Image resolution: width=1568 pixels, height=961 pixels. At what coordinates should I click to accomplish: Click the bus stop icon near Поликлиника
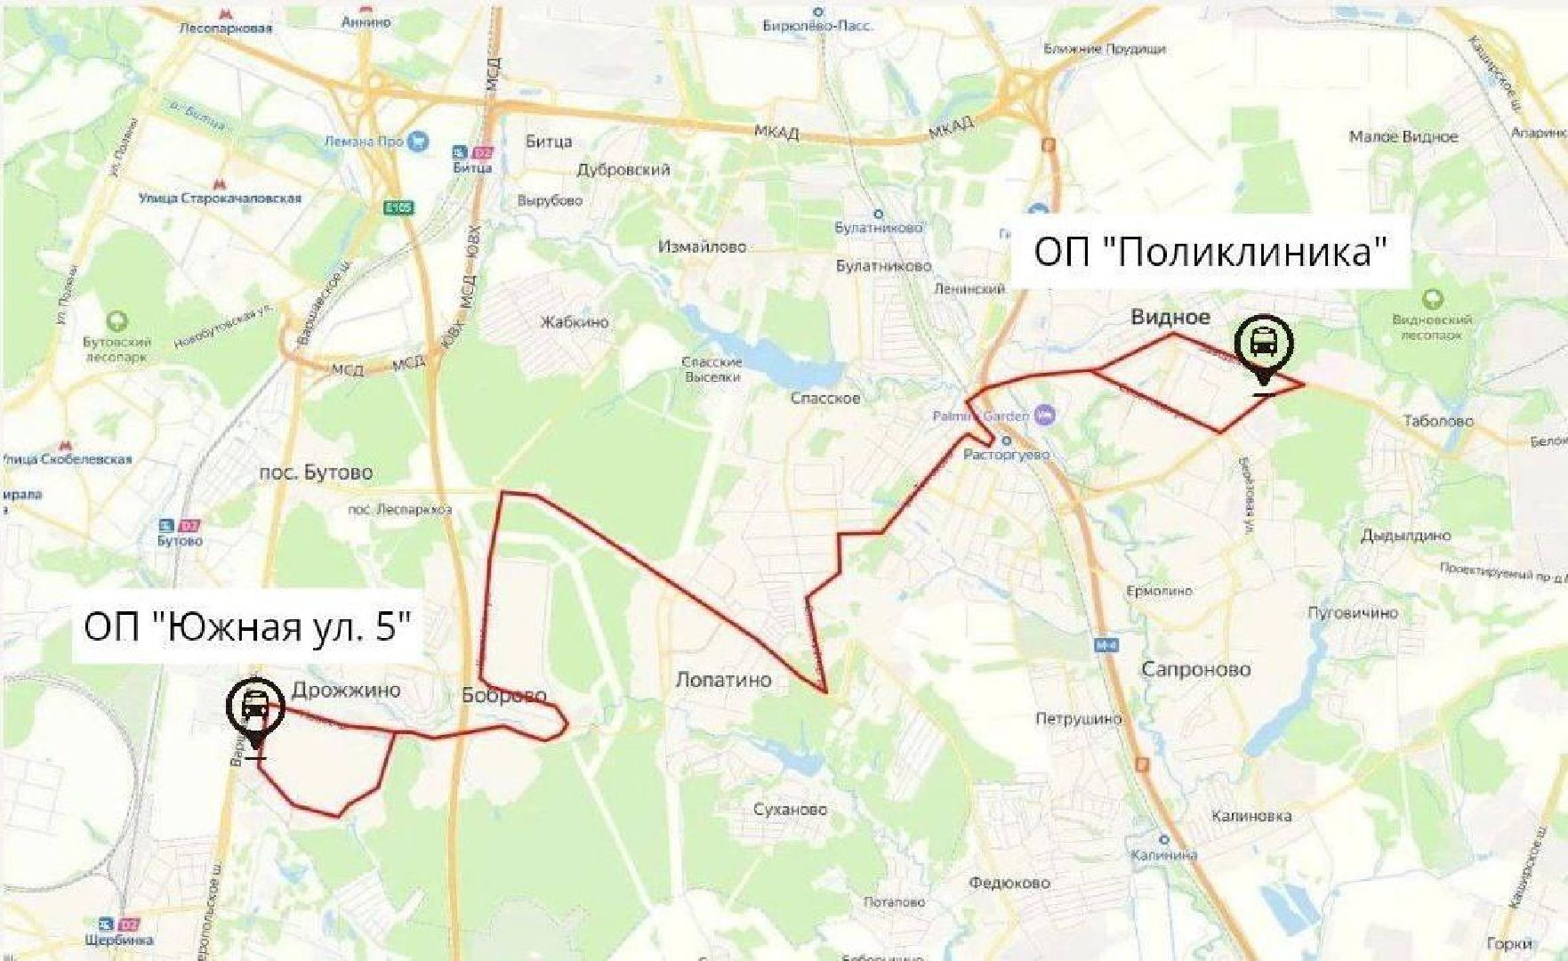click(1263, 343)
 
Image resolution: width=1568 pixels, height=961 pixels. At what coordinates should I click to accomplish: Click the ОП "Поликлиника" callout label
click(1210, 253)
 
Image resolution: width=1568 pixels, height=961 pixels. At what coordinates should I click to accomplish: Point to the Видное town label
click(1170, 317)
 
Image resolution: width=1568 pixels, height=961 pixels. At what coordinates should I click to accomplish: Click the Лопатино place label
click(723, 681)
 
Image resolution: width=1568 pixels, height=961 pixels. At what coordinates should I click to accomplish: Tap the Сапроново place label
click(1195, 669)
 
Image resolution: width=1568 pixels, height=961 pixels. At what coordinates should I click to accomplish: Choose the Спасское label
click(825, 398)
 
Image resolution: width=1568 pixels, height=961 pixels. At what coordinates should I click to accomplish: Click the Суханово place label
click(790, 810)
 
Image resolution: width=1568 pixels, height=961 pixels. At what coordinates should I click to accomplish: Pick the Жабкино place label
click(575, 322)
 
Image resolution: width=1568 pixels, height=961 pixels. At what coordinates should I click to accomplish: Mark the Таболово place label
click(1438, 421)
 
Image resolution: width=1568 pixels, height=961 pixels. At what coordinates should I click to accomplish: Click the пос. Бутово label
click(316, 472)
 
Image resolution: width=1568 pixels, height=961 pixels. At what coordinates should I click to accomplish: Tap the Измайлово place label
click(702, 246)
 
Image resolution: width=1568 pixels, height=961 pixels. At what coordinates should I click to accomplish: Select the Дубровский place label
click(623, 169)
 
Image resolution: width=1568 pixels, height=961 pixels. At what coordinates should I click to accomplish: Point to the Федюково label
click(1009, 884)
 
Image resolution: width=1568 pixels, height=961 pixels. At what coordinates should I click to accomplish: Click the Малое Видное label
click(1403, 137)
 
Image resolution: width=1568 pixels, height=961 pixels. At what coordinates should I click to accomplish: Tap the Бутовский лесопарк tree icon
click(117, 321)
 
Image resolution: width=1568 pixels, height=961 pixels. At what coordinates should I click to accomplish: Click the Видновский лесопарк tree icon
click(1432, 300)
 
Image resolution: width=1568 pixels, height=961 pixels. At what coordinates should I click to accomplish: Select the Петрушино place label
click(1078, 719)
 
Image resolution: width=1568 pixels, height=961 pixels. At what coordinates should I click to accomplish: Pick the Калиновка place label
click(1250, 816)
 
